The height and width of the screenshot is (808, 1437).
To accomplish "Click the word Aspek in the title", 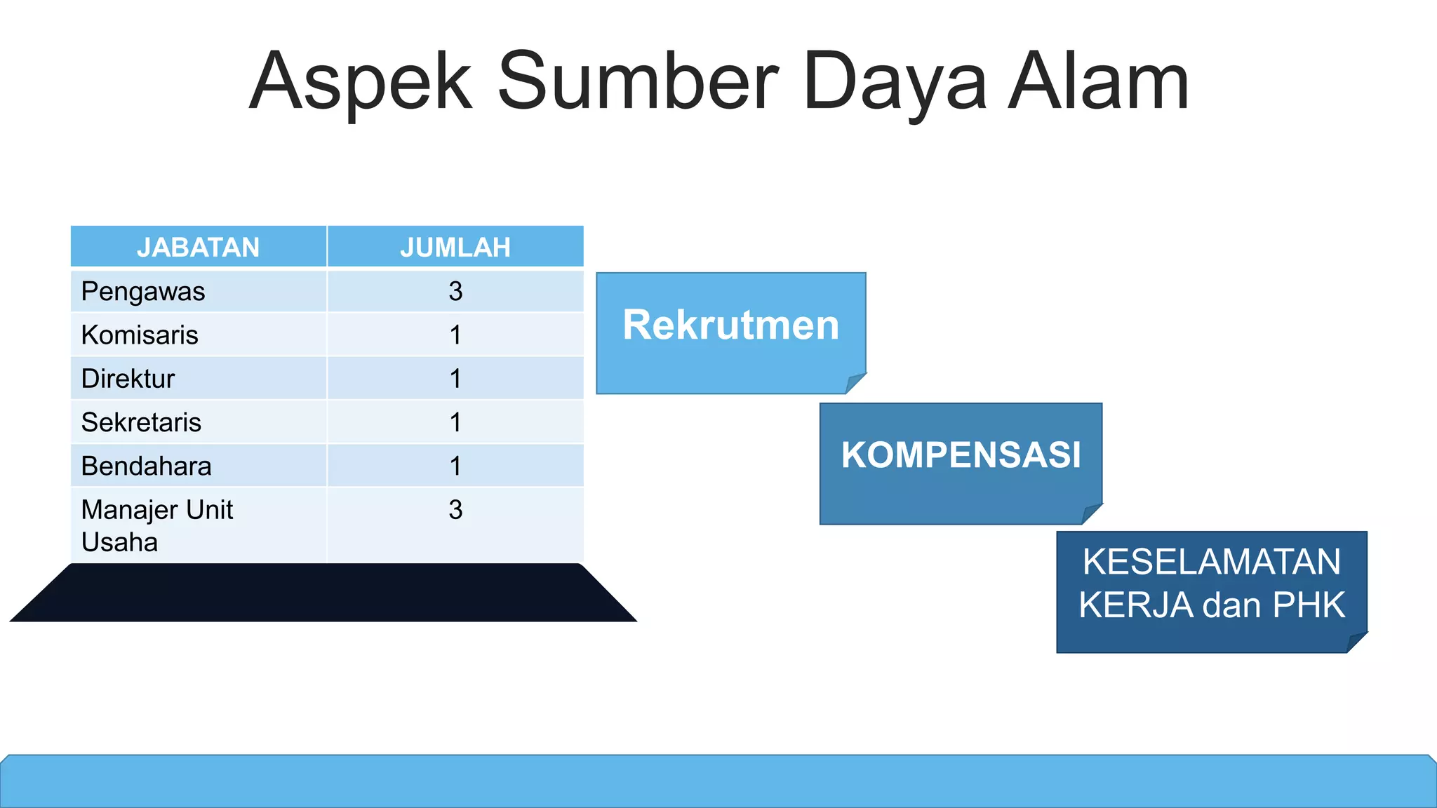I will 361,83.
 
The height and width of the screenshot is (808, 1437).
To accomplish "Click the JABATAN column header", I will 198,248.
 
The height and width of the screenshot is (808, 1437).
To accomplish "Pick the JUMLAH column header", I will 455,248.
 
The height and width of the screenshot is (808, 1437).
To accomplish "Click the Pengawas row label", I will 143,292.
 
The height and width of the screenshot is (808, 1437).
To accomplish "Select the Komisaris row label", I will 140,335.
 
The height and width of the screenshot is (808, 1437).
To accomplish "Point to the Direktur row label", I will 128,379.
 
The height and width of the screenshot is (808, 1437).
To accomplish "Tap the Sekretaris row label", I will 141,422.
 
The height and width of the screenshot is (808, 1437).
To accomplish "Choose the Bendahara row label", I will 146,466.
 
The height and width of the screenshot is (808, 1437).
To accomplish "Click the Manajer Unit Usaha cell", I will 156,525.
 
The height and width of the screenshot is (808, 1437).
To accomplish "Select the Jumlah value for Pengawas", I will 455,292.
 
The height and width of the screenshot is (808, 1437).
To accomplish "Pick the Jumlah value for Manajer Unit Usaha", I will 455,510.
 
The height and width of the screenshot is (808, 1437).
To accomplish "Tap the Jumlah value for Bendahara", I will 455,466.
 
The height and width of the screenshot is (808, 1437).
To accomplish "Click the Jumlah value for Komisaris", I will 455,335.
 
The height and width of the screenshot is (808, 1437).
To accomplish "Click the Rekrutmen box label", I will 730,325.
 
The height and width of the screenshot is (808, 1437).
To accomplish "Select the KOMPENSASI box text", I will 961,455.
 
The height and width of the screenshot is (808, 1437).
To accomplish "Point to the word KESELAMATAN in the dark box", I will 1211,562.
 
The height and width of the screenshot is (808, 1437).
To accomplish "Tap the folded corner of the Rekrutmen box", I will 855,383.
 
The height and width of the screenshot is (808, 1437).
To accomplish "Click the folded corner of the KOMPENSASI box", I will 1092,513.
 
